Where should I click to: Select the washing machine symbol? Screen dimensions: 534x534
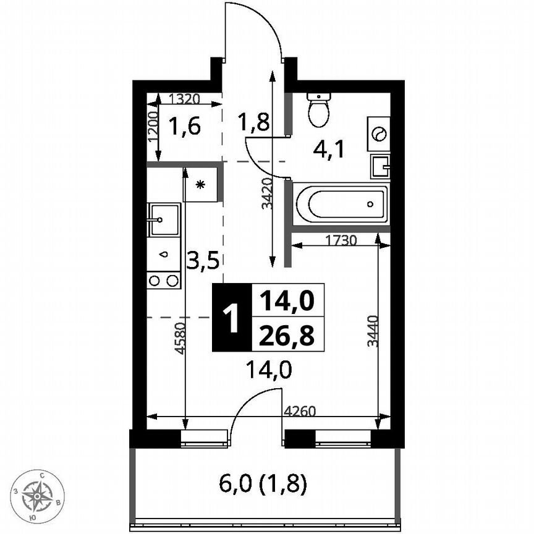[x=378, y=133]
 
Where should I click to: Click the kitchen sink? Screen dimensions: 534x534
[x=163, y=219]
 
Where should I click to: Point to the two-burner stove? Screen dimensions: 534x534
[x=164, y=281]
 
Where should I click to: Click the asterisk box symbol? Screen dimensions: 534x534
[x=200, y=184]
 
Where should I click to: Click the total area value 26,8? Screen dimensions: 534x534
[x=287, y=336]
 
